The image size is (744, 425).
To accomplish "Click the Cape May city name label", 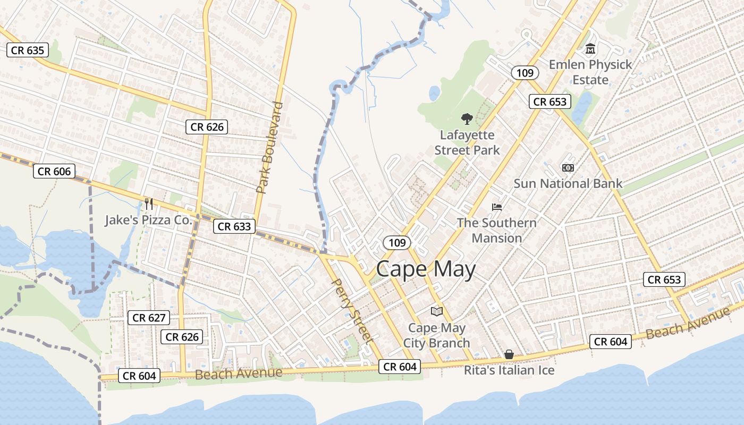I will tap(426, 270).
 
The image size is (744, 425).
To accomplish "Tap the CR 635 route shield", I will tap(28, 50).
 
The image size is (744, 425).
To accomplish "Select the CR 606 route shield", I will tap(54, 171).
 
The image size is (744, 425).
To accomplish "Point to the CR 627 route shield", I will tap(149, 318).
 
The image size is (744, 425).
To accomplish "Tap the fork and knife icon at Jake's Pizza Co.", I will tap(149, 203).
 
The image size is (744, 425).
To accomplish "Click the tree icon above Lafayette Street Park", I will tap(467, 118).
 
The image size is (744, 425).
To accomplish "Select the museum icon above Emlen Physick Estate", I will tap(590, 49).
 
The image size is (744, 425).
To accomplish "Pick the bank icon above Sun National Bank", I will tap(568, 168).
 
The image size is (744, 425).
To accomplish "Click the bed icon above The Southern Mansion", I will tap(497, 207).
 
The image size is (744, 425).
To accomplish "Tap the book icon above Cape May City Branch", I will tap(436, 311).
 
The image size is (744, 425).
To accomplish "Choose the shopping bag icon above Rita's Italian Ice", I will tap(509, 354).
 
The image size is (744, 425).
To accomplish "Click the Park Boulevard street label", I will tap(270, 147).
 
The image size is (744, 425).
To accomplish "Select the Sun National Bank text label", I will tap(568, 184).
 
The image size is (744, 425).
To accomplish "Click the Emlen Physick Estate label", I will tap(590, 72).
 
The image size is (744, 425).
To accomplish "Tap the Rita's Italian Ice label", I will tap(509, 370).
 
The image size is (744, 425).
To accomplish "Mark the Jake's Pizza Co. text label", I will tap(148, 220).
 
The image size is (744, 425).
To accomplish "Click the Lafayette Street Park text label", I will tap(467, 142).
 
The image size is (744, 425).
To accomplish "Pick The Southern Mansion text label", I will tap(497, 230).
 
